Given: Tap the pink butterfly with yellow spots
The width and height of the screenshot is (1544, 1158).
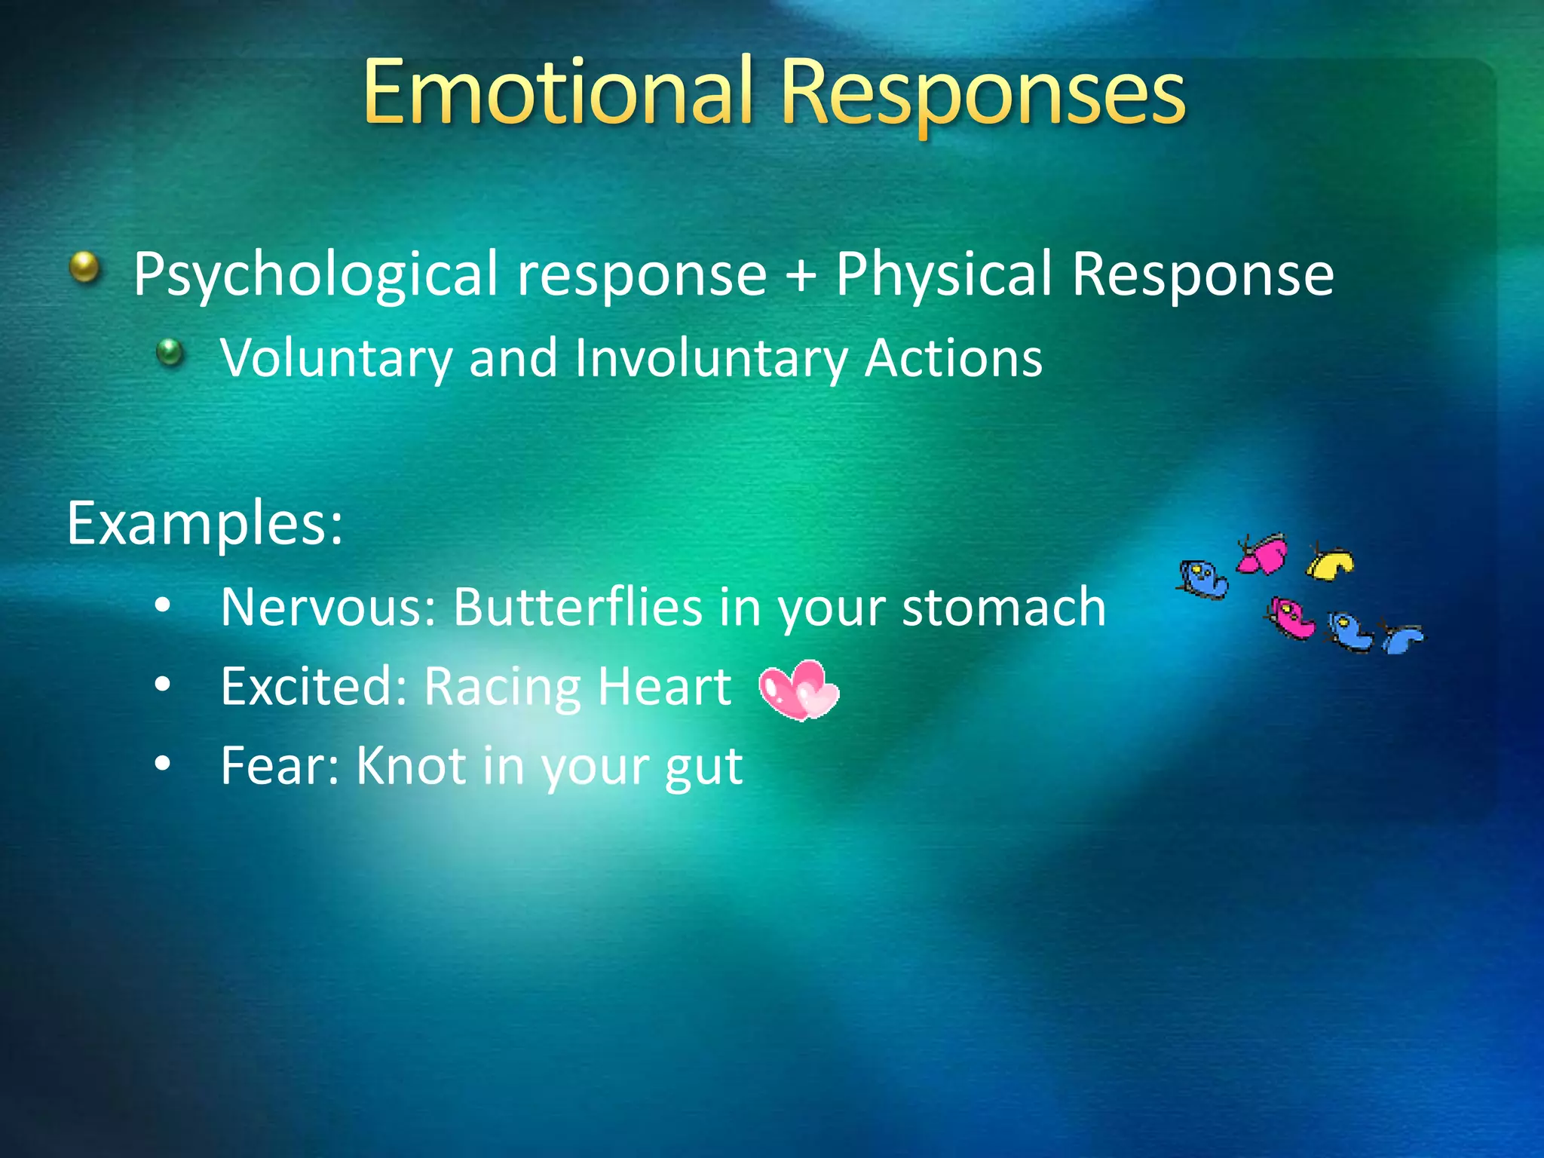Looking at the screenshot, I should pos(1291,617).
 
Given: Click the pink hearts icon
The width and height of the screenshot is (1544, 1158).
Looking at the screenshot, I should pos(798,690).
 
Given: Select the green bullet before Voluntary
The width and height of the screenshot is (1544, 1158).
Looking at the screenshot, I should pos(170,351).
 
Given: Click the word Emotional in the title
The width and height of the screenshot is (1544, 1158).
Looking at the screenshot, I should pos(558,93).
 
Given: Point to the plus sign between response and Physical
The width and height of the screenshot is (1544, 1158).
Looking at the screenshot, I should pos(801,274).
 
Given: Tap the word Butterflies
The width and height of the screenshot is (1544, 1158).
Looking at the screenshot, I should pos(577,607).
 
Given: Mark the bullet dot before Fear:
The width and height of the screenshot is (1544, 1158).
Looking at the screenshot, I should pos(162,764).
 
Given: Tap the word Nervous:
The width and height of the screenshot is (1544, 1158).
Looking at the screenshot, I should pos(328,607).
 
